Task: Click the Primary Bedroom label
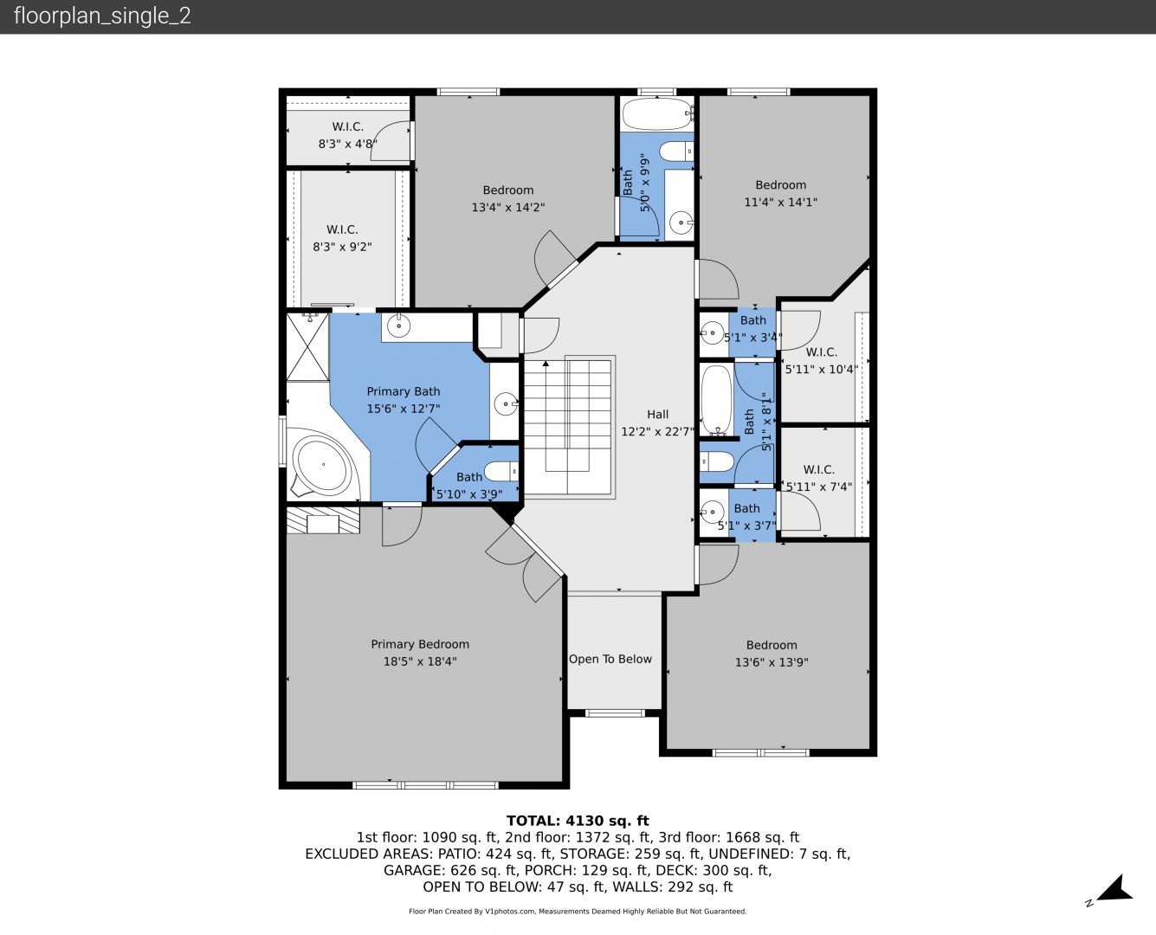(x=419, y=644)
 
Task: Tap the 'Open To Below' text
(x=610, y=659)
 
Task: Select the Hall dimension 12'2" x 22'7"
(x=657, y=432)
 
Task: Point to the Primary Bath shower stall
(x=307, y=347)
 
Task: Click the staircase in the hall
(x=568, y=427)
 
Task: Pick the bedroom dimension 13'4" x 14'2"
(x=508, y=207)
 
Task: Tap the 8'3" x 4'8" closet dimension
(x=347, y=144)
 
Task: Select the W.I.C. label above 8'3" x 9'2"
(x=342, y=229)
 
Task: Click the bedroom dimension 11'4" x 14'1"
(x=780, y=202)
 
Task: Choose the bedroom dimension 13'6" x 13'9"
(x=772, y=662)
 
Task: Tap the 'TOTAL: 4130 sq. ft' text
(x=578, y=821)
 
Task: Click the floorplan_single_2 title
(x=102, y=16)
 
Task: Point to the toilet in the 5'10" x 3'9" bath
(x=501, y=471)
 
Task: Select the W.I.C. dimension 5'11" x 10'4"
(x=821, y=370)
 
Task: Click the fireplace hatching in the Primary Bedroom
(x=323, y=519)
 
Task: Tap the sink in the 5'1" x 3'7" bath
(x=712, y=512)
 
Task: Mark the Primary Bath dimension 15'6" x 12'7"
(x=404, y=409)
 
